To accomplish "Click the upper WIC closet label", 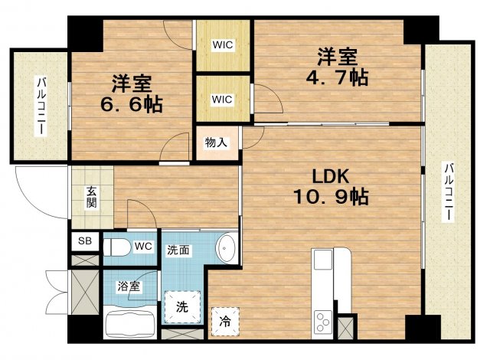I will point(222,44).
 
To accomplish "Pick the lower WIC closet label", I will point(222,99).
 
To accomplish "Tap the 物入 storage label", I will point(215,143).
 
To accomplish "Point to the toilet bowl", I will point(117,247).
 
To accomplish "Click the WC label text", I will point(143,247).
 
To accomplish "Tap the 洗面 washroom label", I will point(180,249).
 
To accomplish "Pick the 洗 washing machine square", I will point(183,308).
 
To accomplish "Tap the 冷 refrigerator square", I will point(226,321).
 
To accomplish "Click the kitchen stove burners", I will point(322,319).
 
